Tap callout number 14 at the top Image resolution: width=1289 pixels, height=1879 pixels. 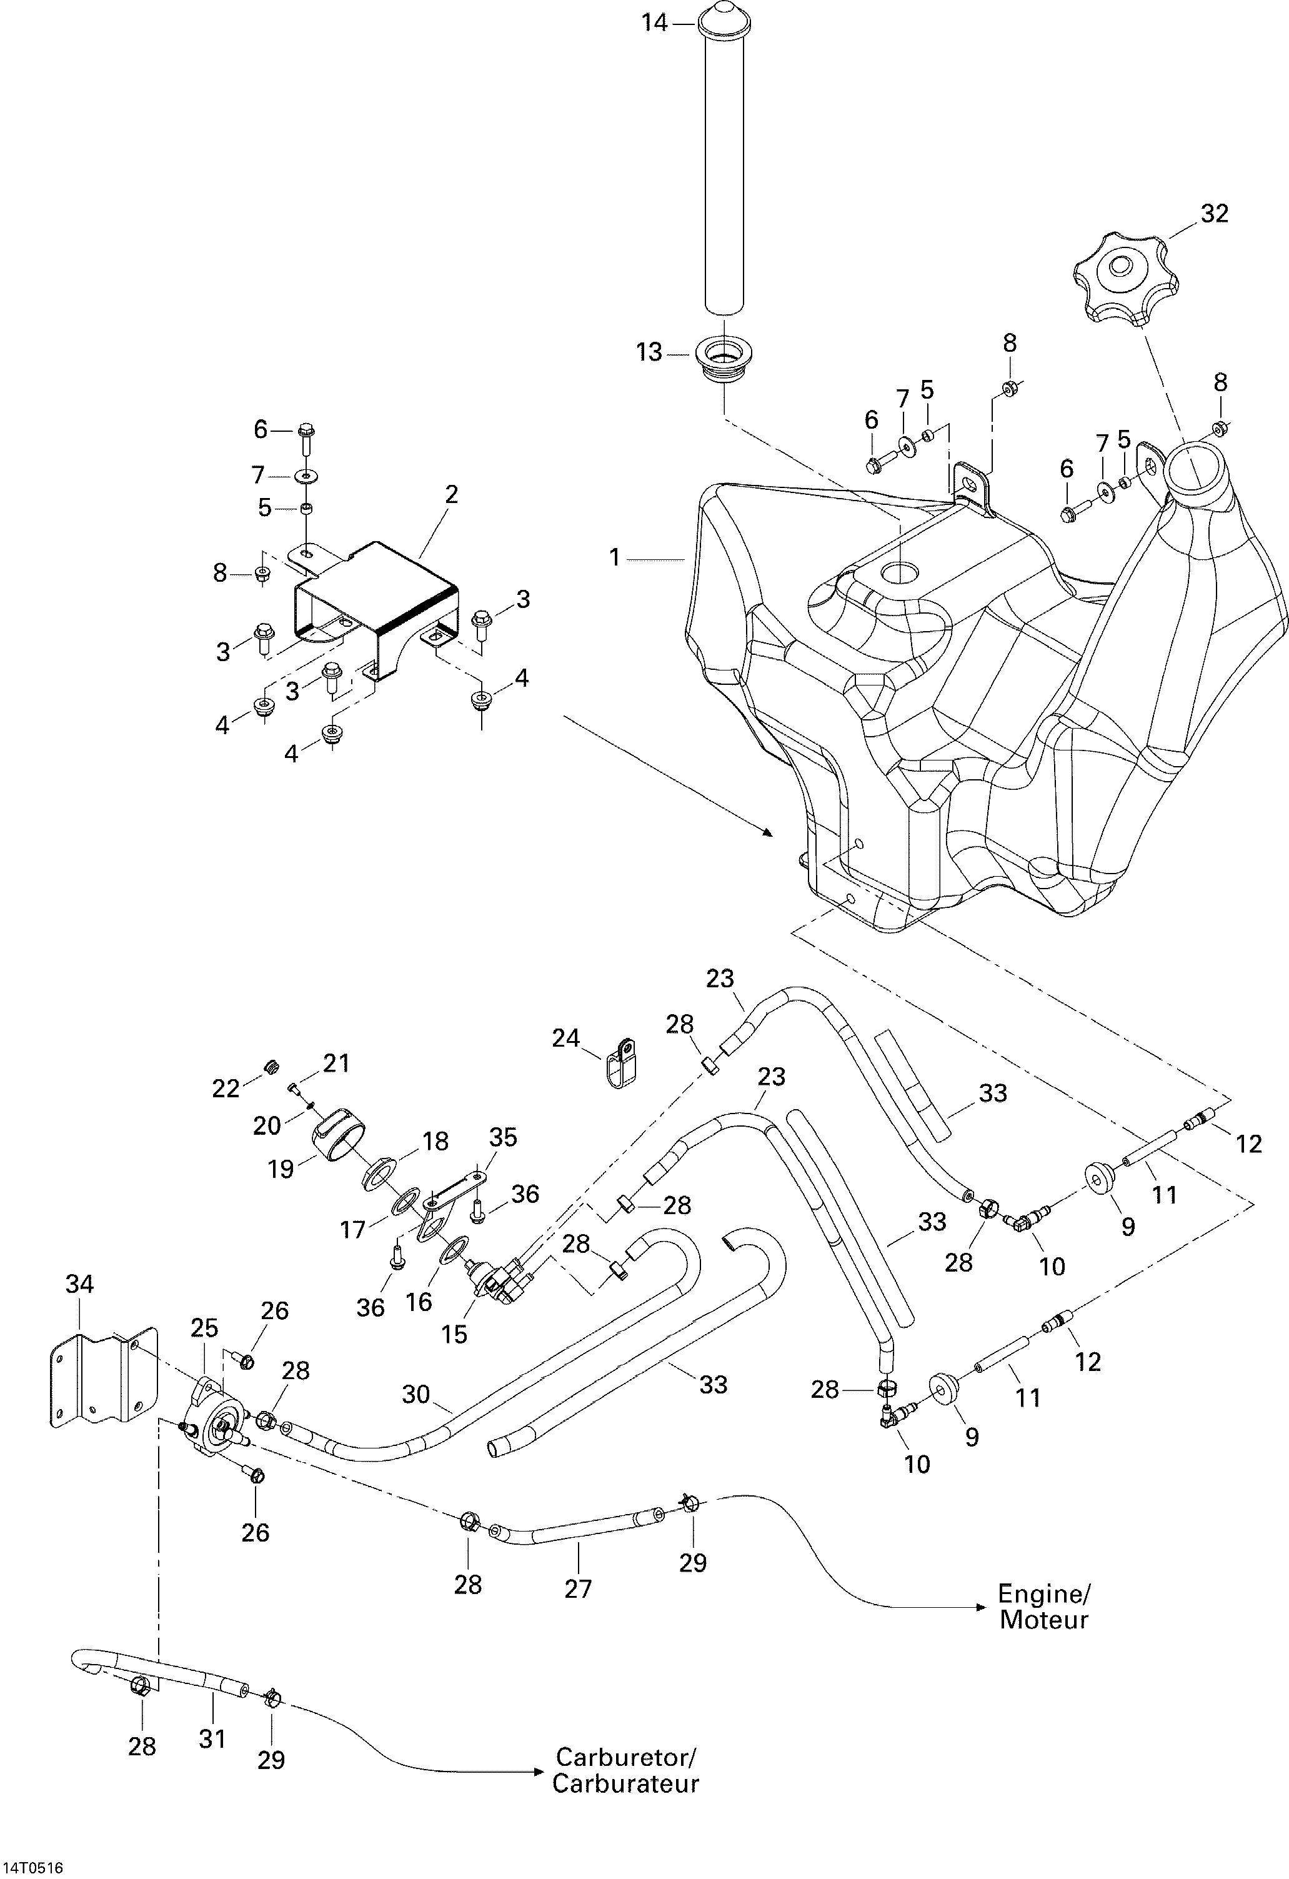pyautogui.click(x=655, y=22)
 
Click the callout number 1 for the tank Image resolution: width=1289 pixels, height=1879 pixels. pyautogui.click(x=615, y=558)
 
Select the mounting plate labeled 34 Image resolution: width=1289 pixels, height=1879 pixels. pyautogui.click(x=101, y=1383)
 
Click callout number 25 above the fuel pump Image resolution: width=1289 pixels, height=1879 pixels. pyautogui.click(x=204, y=1328)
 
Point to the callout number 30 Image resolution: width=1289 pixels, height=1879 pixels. pyautogui.click(x=417, y=1395)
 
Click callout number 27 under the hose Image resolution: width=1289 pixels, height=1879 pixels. pyautogui.click(x=578, y=1588)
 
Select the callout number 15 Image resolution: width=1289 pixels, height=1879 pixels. pyautogui.click(x=454, y=1333)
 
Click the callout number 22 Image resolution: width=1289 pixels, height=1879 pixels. pyautogui.click(x=226, y=1089)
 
